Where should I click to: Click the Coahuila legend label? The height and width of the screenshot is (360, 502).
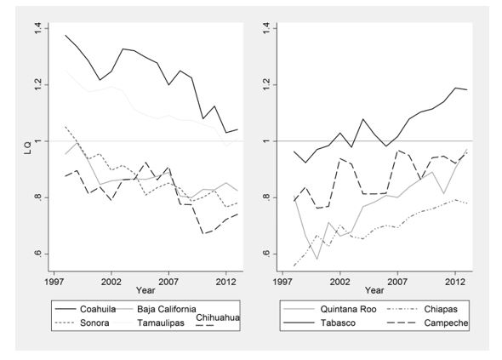(x=98, y=309)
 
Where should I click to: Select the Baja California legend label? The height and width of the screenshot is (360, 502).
(x=167, y=309)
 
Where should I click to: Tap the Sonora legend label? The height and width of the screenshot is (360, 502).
(x=94, y=323)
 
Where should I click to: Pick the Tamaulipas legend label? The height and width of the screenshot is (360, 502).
(x=161, y=323)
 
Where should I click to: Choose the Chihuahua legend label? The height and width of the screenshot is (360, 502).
(x=218, y=317)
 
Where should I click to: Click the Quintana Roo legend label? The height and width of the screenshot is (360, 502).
(x=348, y=309)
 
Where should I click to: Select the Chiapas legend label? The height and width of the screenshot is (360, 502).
(x=441, y=309)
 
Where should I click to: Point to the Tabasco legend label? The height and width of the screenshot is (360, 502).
(x=338, y=323)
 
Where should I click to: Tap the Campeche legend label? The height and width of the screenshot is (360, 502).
(x=446, y=323)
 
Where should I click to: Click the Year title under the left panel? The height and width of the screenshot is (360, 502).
(x=145, y=290)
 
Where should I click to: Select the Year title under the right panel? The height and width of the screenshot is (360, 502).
(x=374, y=290)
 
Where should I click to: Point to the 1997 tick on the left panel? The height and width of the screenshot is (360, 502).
(x=54, y=283)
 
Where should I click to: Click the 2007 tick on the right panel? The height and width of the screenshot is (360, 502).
(x=397, y=283)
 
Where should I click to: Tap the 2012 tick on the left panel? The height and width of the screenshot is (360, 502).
(x=226, y=283)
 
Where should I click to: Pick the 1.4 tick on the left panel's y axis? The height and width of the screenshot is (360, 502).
(x=37, y=28)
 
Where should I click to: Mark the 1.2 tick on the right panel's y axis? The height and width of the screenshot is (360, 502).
(x=266, y=85)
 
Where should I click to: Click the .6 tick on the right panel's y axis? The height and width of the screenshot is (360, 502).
(x=266, y=254)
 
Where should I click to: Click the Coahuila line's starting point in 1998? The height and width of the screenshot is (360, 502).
(x=66, y=35)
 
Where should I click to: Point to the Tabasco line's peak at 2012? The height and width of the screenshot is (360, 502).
(x=455, y=88)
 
